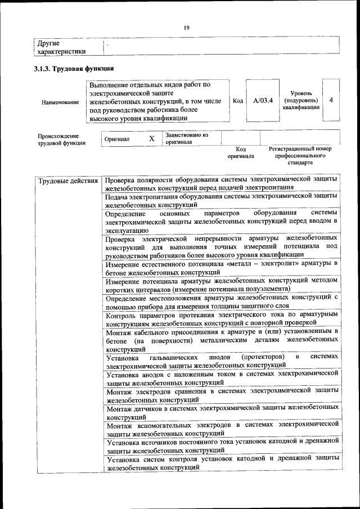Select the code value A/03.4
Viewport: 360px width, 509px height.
(x=262, y=101)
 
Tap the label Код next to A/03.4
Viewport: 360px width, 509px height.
(x=237, y=101)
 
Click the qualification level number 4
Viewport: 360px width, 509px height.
(x=331, y=100)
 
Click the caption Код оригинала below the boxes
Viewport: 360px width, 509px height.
(x=241, y=152)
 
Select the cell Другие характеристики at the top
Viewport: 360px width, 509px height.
(x=61, y=47)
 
